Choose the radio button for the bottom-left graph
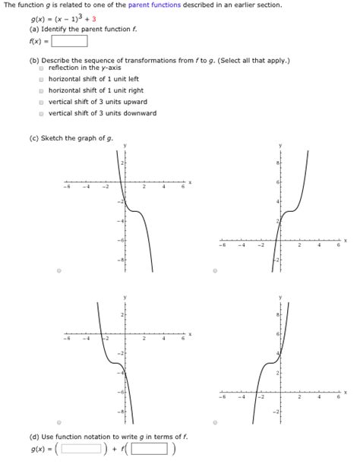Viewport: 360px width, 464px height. pos(59,422)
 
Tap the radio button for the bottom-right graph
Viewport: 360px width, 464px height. pos(215,422)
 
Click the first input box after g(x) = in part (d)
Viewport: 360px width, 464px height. pos(81,448)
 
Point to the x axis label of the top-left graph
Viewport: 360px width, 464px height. pos(191,182)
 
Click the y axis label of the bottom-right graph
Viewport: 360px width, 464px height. pos(280,297)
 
